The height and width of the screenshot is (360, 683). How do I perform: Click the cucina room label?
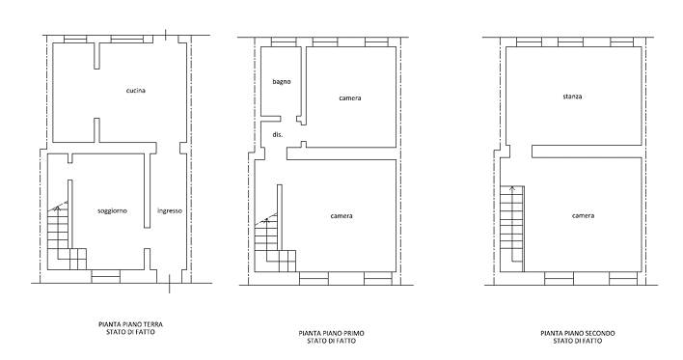[x=135, y=91]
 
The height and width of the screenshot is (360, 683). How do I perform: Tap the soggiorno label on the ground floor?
[x=112, y=211]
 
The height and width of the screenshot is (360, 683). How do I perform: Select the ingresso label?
[x=170, y=211]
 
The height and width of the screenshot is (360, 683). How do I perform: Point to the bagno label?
[x=282, y=81]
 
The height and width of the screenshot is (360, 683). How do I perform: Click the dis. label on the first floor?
[x=278, y=135]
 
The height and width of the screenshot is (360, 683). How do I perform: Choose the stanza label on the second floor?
[x=572, y=97]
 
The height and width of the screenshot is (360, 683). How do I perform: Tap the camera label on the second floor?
[x=583, y=216]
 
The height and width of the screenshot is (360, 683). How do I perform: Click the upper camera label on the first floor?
[x=350, y=98]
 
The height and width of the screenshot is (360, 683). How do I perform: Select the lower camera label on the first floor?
[x=341, y=216]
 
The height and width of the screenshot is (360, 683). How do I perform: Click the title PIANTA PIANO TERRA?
[x=130, y=324]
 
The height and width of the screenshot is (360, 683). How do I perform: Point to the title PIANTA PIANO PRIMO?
[x=331, y=333]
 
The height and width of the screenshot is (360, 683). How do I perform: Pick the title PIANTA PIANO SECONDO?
[x=578, y=333]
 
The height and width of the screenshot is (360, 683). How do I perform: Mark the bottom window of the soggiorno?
[x=105, y=276]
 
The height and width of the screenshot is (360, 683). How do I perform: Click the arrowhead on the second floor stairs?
[x=512, y=188]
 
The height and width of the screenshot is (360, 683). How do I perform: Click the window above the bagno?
[x=284, y=42]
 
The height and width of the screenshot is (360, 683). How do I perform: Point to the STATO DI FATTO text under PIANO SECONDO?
[x=578, y=341]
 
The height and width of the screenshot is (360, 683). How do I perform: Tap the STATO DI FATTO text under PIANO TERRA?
[x=130, y=332]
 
